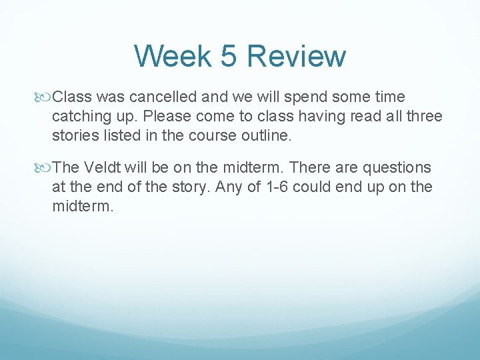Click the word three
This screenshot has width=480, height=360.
(x=421, y=117)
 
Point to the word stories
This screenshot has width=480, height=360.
(x=76, y=135)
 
